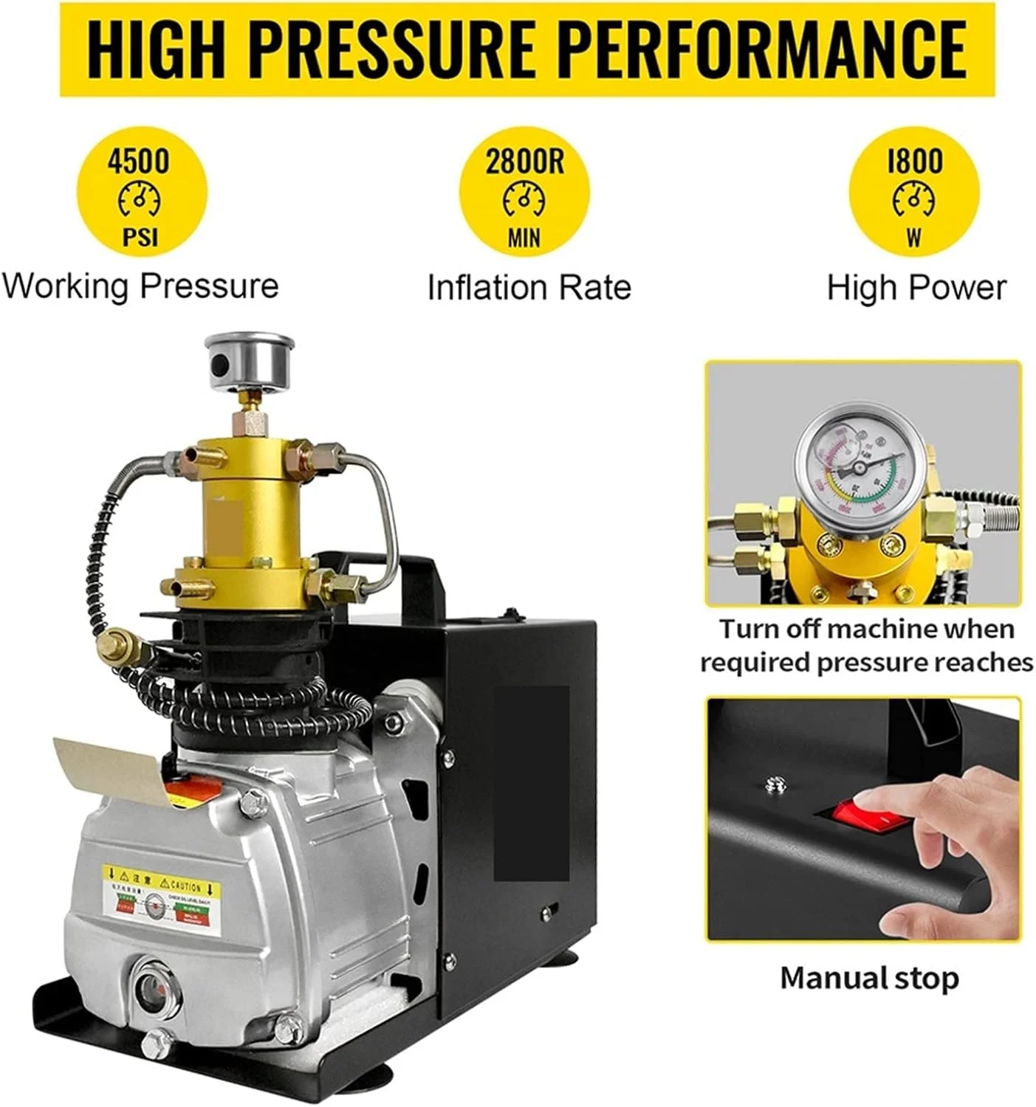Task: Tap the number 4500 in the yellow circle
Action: coord(138,161)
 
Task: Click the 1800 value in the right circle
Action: coord(914,161)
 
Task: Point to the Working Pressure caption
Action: coord(140,286)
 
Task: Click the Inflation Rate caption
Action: coord(529,287)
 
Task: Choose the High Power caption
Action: coord(916,287)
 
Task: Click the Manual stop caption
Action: coord(869,978)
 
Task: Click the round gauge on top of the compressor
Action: coord(250,359)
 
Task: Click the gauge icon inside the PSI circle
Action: coord(139,199)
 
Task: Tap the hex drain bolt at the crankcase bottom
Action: coord(156,1044)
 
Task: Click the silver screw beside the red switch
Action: coord(774,785)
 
